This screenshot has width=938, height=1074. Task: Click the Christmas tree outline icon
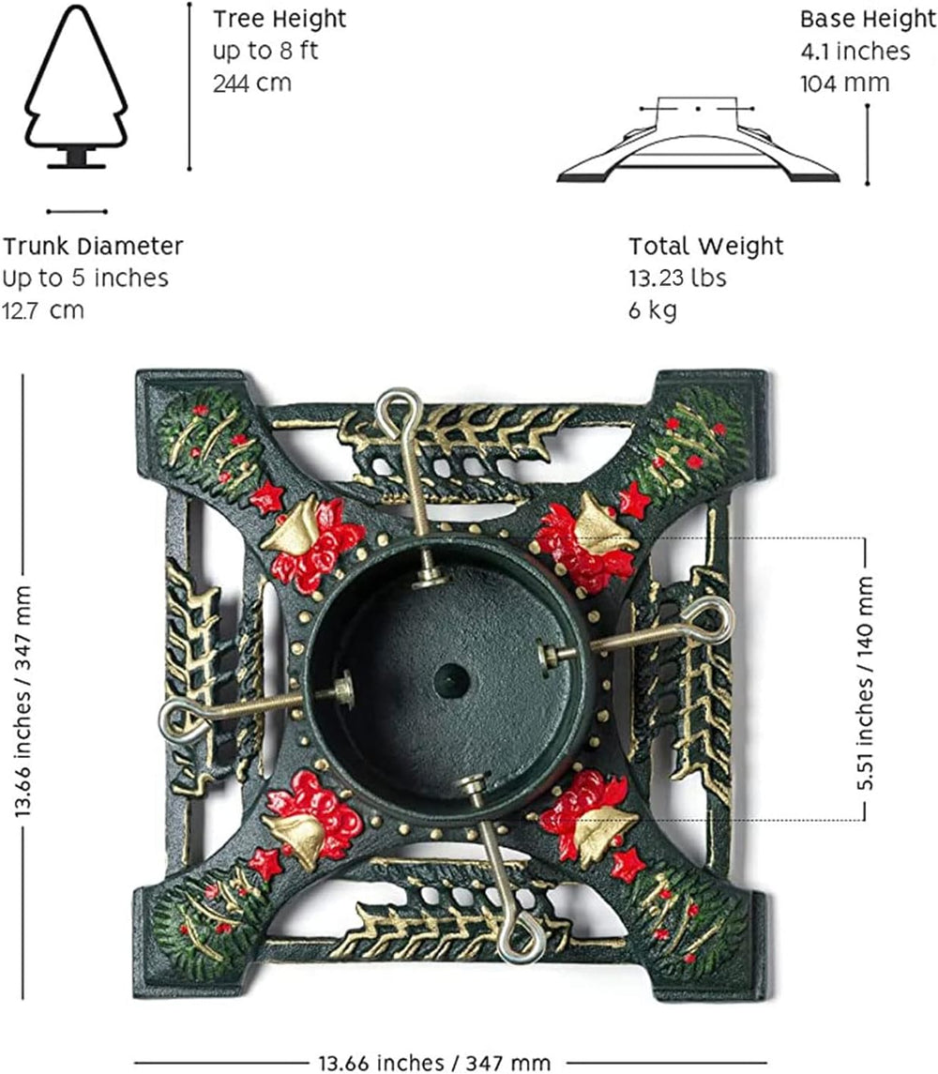76,86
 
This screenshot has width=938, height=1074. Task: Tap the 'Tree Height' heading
280,19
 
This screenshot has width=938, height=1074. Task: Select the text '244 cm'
252,83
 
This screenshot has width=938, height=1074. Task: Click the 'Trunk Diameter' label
93,246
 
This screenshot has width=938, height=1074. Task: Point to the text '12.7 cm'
43,310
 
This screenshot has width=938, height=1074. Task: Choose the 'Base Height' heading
868,19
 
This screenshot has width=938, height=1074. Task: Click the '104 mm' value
845,83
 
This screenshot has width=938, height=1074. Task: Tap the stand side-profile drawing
698,140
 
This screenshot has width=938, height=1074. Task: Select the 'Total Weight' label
706,246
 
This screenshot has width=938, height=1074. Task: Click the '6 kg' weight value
652,310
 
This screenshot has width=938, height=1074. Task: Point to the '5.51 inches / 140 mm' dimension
866,682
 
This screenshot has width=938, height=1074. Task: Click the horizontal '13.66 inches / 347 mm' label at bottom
434,1063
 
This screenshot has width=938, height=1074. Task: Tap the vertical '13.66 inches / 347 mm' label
23,700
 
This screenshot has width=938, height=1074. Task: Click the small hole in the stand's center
452,681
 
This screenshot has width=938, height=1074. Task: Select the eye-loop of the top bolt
398,410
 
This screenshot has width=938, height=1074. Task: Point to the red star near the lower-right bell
628,865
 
